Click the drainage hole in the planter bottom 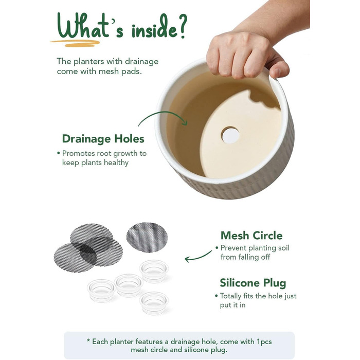click(230, 135)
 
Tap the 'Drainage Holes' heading click(103, 139)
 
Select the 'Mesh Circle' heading click(251, 236)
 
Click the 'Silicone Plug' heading click(253, 283)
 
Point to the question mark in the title click(182, 26)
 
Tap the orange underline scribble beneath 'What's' click(75, 43)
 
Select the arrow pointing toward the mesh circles click(198, 257)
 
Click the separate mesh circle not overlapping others click(147, 237)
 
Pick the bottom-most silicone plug click(154, 303)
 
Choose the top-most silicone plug click(154, 271)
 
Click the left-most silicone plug click(101, 291)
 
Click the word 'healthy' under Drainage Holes click(116, 163)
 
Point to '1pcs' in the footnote click(264, 341)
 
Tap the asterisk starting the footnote click(88, 340)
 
